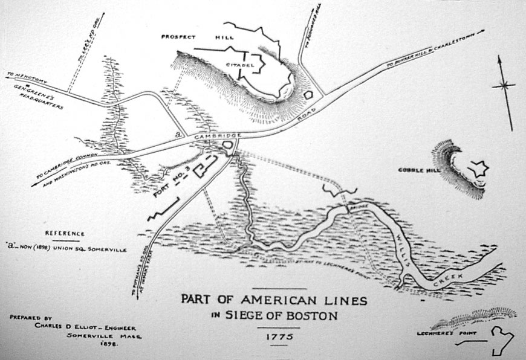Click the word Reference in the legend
pos(65,233)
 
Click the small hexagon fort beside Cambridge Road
pos(309,95)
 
